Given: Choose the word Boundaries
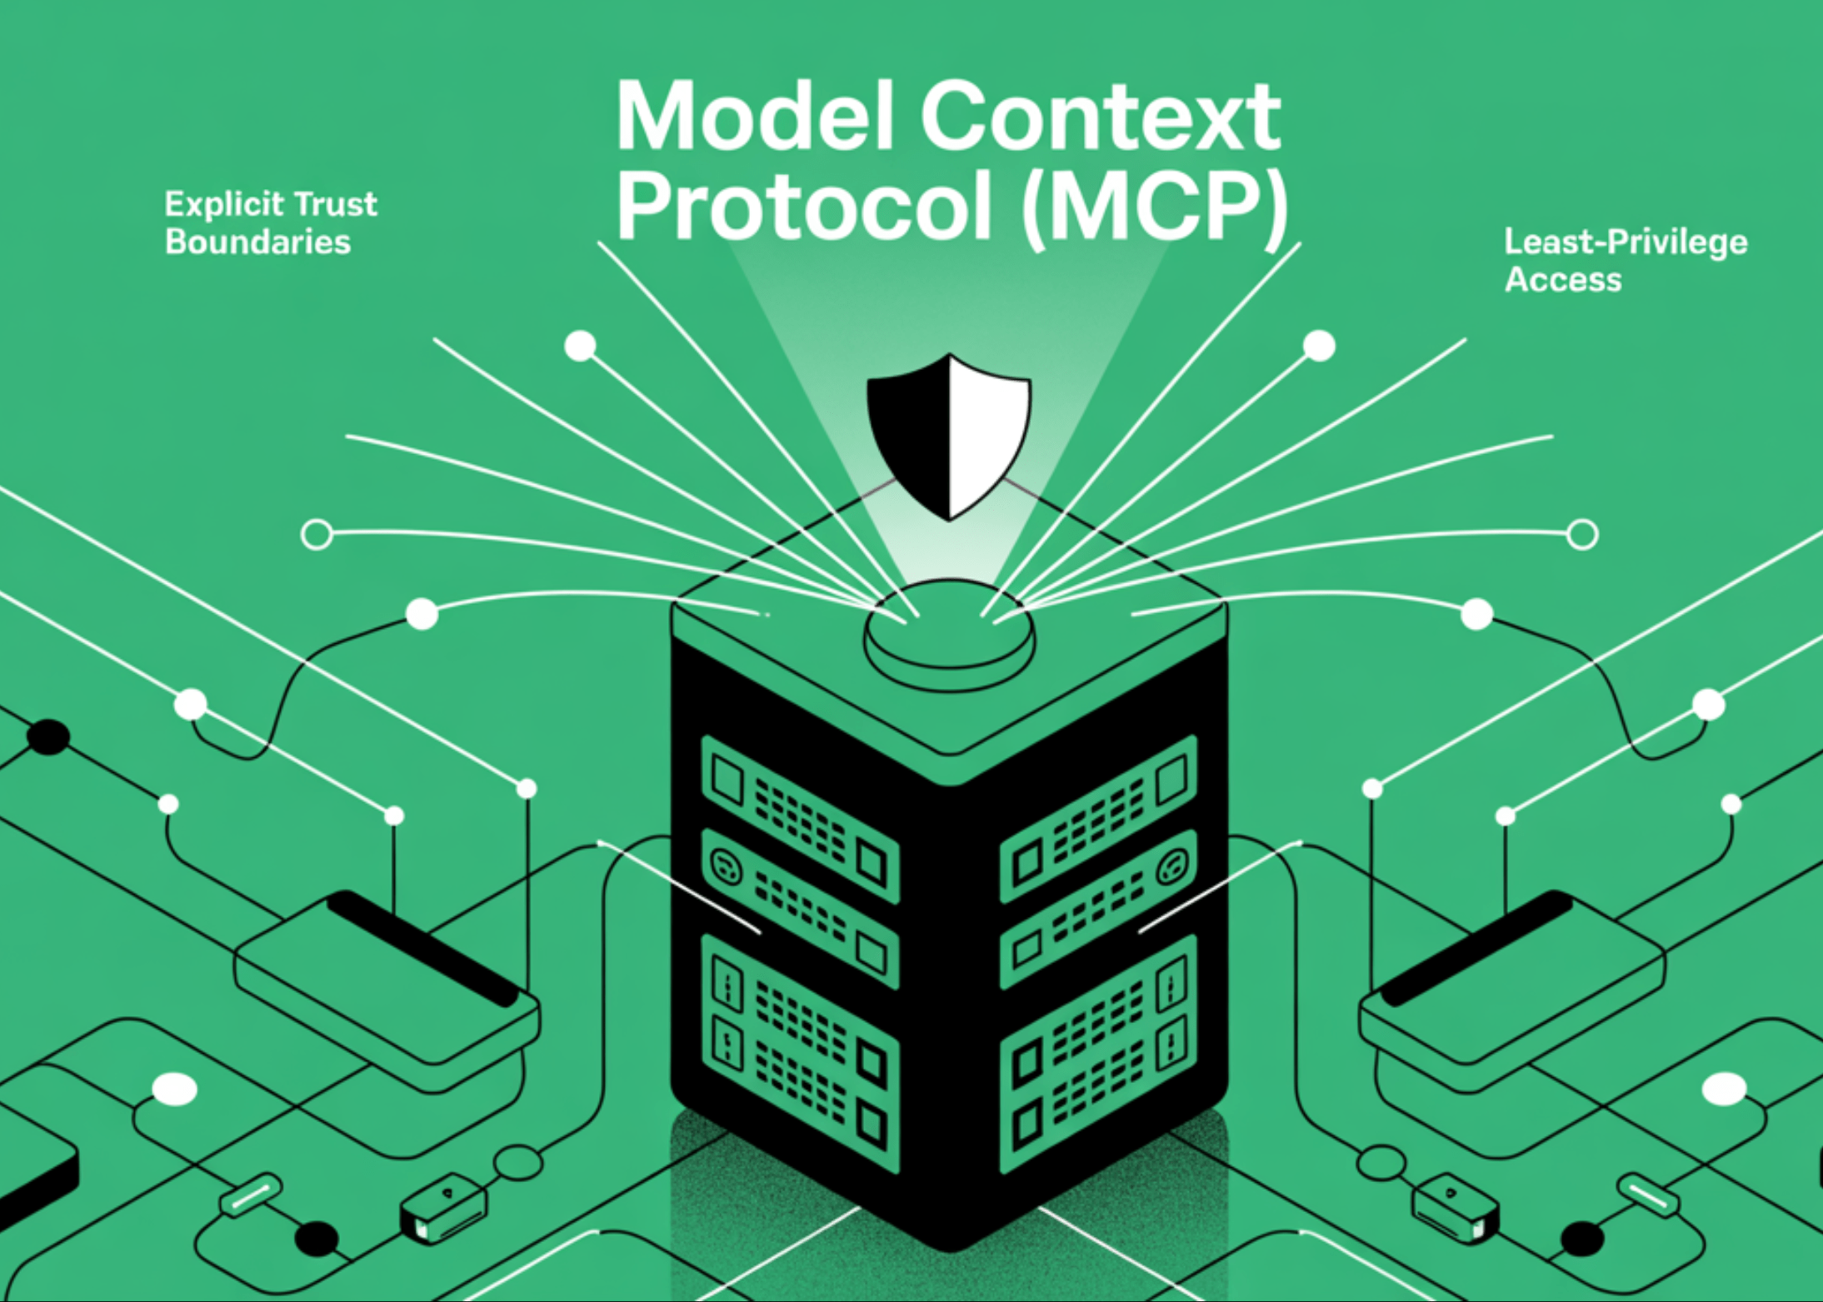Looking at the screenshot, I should coord(257,242).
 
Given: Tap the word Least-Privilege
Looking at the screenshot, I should coord(1626,242).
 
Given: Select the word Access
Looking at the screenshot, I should coord(1563,280).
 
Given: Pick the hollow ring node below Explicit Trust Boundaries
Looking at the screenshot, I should coord(317,534).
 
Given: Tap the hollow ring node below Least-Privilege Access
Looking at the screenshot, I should coord(1582,534).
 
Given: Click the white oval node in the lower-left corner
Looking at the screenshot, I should coord(175,1089).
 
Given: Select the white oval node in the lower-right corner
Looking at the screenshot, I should coord(1724,1089).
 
